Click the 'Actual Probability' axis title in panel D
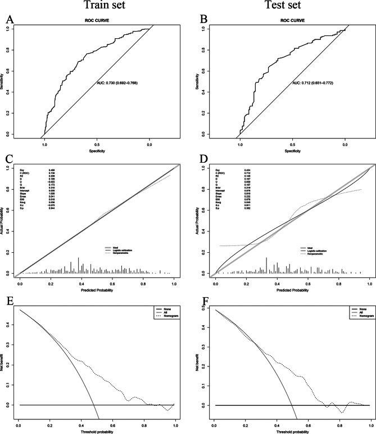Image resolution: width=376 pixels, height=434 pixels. (200, 220)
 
